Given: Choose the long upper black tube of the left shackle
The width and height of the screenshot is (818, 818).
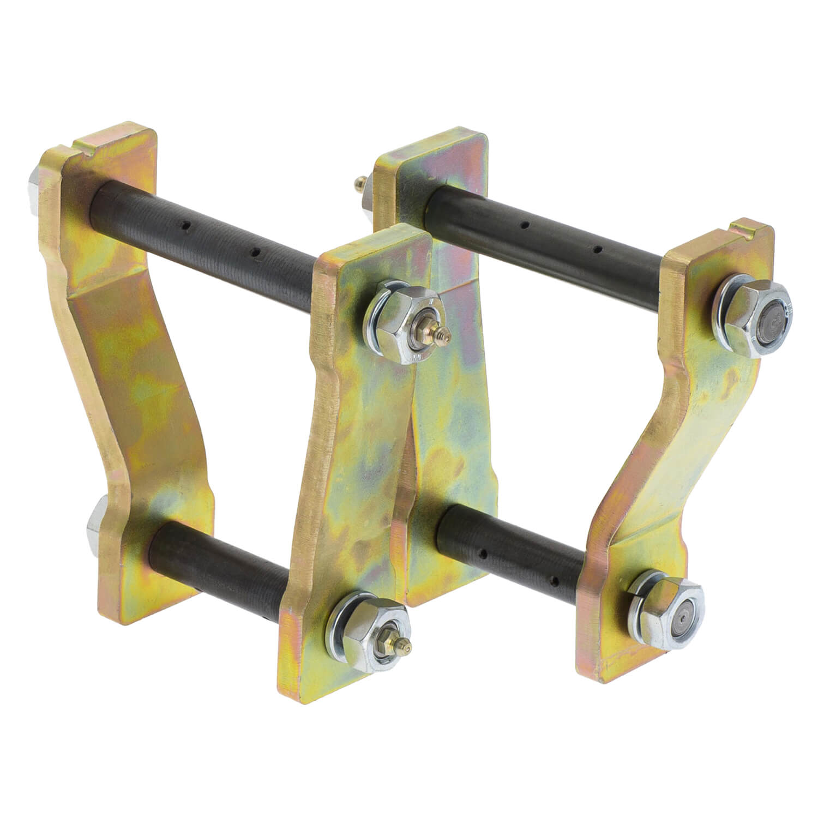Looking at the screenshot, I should (x=207, y=229).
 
